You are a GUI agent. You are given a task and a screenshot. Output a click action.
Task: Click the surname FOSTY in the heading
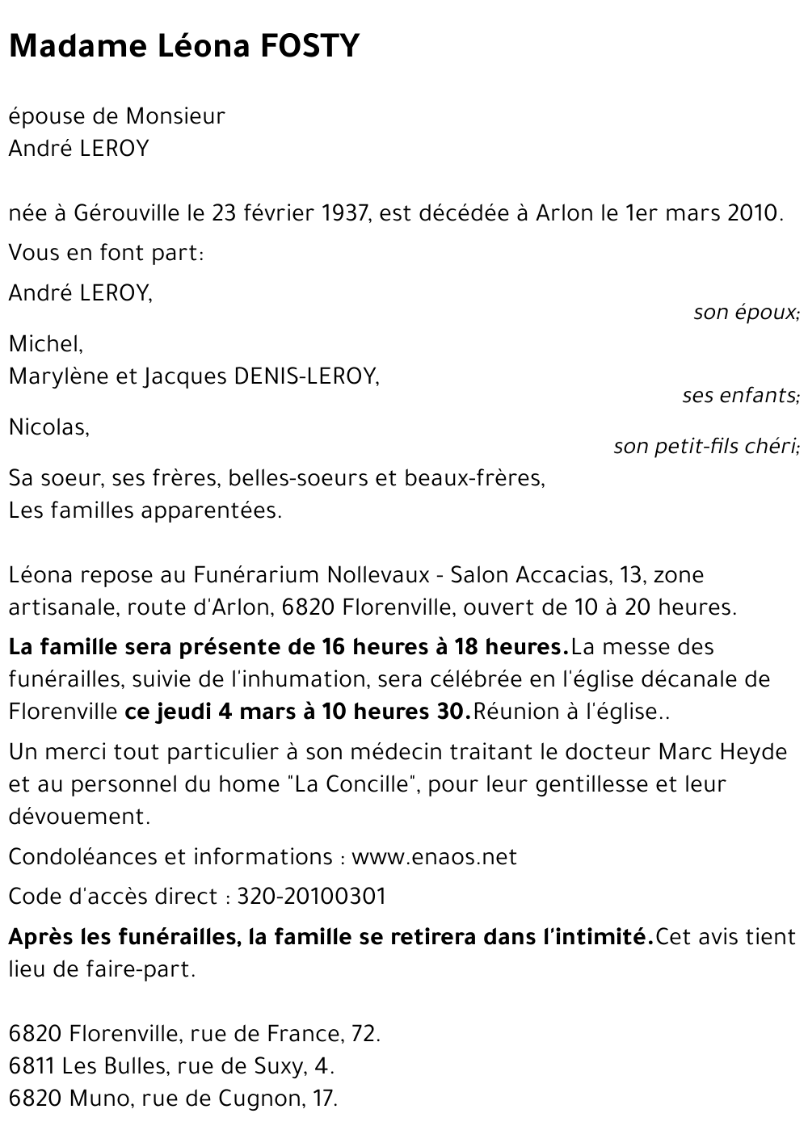(310, 47)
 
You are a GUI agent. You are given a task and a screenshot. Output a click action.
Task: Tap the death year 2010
(755, 214)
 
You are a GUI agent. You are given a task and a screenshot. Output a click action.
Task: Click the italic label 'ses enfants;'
(741, 396)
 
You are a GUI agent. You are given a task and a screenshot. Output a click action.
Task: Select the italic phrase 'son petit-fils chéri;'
(706, 447)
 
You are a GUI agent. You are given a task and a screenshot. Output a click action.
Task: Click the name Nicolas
(48, 427)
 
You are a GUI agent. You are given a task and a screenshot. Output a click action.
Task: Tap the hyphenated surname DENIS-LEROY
(306, 376)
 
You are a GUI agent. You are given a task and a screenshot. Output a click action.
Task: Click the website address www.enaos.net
(434, 857)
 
